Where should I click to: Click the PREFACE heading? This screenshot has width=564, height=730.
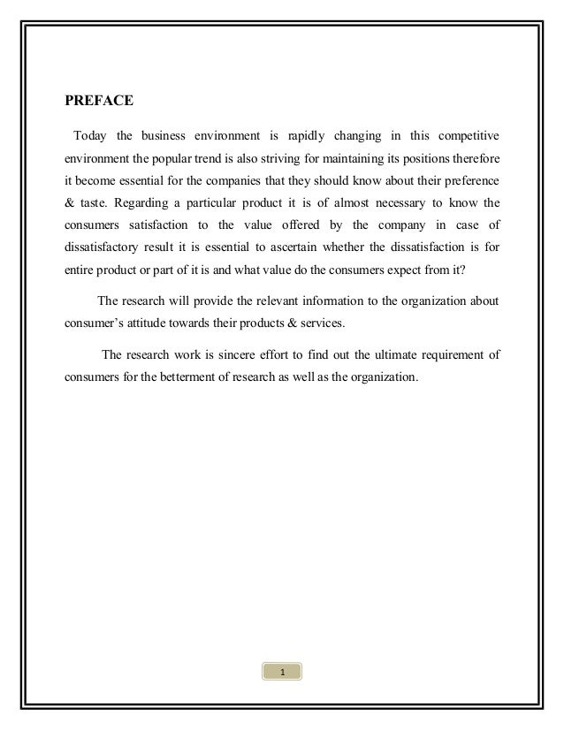(99, 101)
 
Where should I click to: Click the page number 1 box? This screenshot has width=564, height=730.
(281, 698)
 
